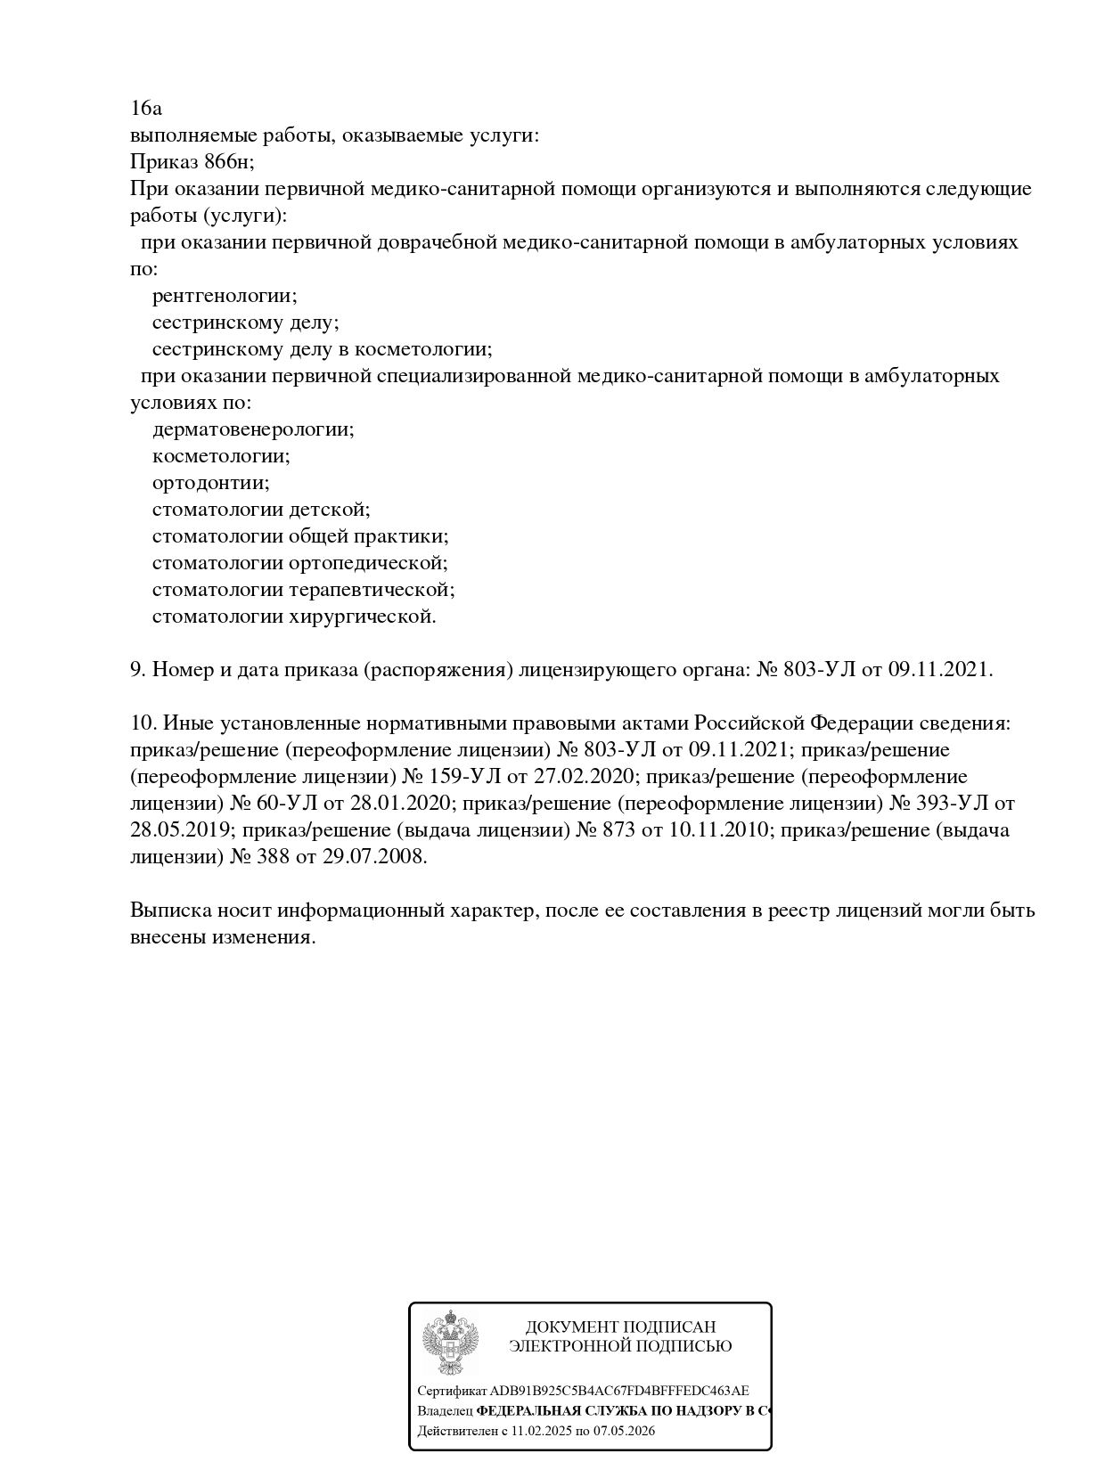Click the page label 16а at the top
tap(146, 109)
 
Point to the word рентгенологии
tap(225, 296)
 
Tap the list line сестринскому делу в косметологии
tap(322, 349)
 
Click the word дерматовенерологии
tap(253, 429)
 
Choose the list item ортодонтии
tap(210, 483)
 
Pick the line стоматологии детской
tap(260, 510)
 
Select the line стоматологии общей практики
tap(299, 536)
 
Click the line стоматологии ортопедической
tap(299, 563)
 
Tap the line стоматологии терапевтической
tap(303, 590)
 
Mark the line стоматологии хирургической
tap(294, 617)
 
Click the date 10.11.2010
tap(718, 830)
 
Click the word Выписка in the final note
tap(168, 911)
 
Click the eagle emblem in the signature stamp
tap(450, 1343)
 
